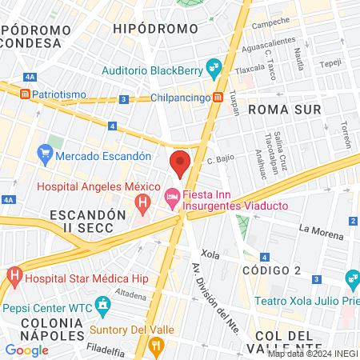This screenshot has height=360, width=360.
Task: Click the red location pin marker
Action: point(180,162)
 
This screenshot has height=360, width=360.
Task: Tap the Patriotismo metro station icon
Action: point(26,94)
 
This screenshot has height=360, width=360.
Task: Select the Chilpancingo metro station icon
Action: point(218,98)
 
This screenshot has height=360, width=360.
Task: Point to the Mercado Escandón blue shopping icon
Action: point(45,155)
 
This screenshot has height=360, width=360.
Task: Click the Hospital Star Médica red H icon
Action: point(14,278)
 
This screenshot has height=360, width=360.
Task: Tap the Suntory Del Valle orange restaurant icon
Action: point(155,346)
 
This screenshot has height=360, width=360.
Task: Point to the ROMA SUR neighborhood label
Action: point(284,109)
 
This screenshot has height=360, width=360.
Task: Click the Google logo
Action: point(26,350)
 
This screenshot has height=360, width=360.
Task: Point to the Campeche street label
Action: point(270,24)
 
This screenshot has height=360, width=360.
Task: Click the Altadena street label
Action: point(130,294)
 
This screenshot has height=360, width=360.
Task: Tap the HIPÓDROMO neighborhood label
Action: point(155,29)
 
